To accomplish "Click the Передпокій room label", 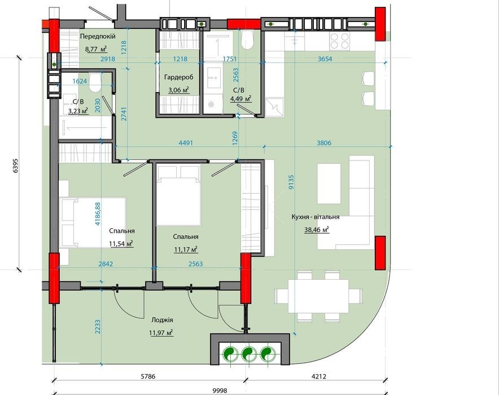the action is pyautogui.click(x=98, y=36).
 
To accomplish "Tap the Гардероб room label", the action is pyautogui.click(x=178, y=77).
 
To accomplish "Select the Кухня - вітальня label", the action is pyautogui.click(x=316, y=217).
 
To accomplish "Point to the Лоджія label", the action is pyautogui.click(x=163, y=320).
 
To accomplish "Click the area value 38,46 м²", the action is pyautogui.click(x=316, y=229).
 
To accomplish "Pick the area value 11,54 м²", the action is pyautogui.click(x=121, y=244).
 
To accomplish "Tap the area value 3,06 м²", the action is pyautogui.click(x=178, y=90).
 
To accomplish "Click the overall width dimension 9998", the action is pyautogui.click(x=220, y=390).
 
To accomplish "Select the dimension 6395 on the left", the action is pyautogui.click(x=15, y=166).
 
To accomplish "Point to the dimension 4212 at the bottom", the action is pyautogui.click(x=318, y=376).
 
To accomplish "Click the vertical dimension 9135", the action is pyautogui.click(x=291, y=182).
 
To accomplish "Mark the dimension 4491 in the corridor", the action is pyautogui.click(x=186, y=143).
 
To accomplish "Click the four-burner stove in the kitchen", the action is pyautogui.click(x=339, y=41).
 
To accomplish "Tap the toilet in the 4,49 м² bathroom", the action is pyautogui.click(x=247, y=40).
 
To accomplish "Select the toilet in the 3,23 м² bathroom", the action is pyautogui.click(x=95, y=83).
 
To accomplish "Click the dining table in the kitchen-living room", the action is pyautogui.click(x=318, y=296).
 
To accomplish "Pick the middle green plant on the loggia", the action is pyautogui.click(x=249, y=354).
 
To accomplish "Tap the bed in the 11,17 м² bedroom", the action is pyautogui.click(x=178, y=194).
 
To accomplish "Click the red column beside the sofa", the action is pyautogui.click(x=380, y=253).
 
